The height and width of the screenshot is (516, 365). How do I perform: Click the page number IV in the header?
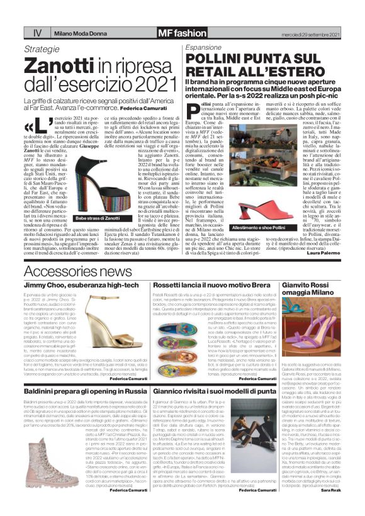point(20,31)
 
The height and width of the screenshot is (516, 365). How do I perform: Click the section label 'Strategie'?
point(46,48)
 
